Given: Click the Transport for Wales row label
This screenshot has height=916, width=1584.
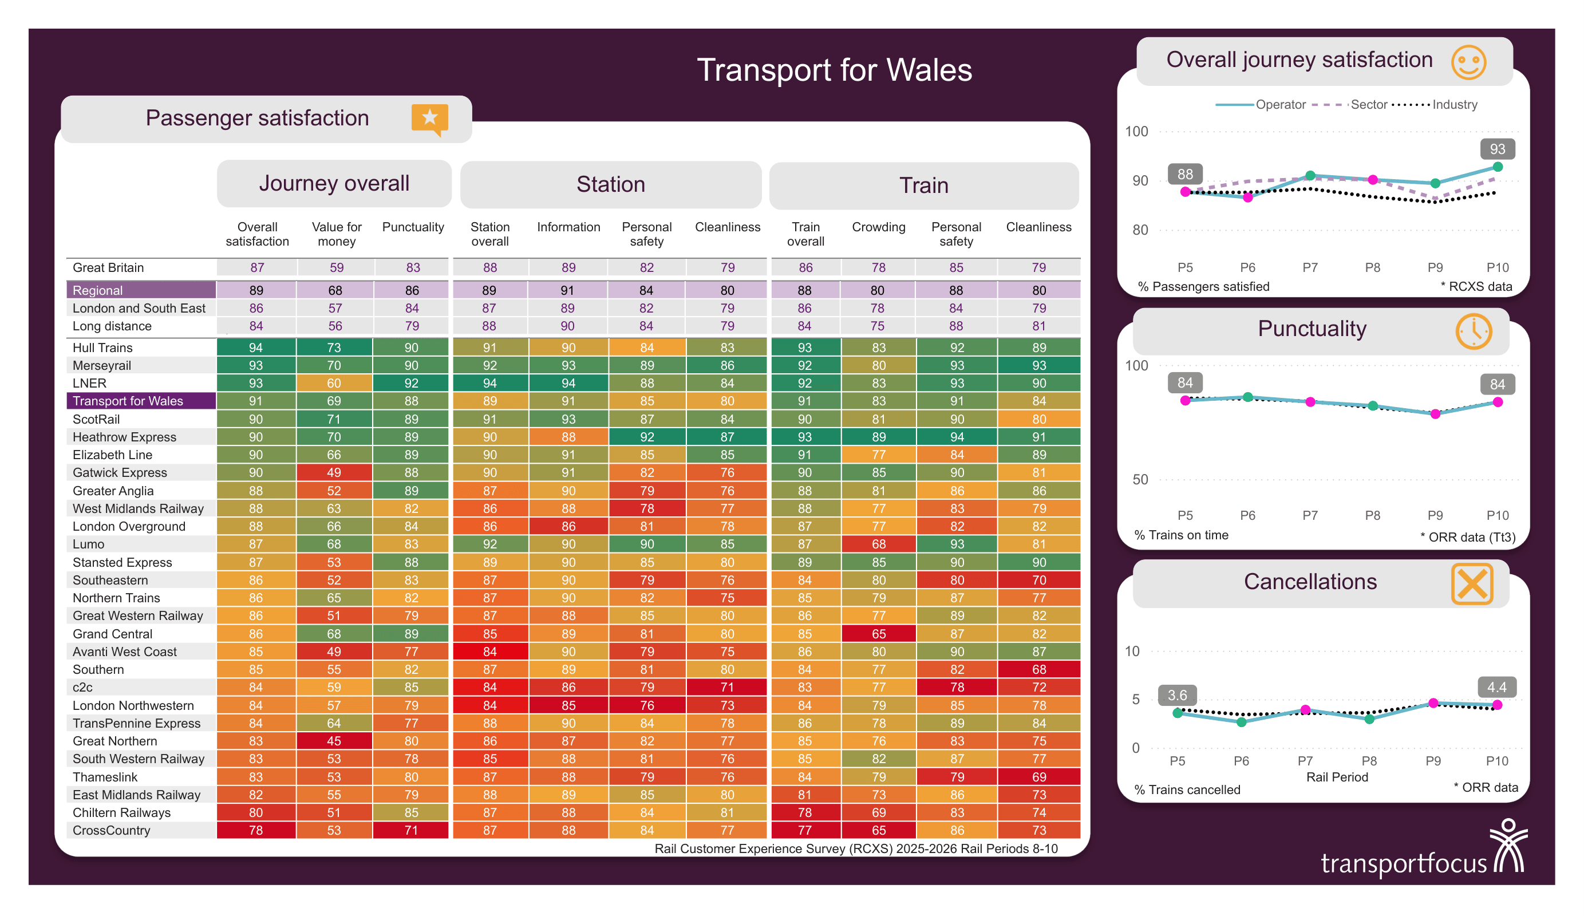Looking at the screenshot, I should [x=128, y=401].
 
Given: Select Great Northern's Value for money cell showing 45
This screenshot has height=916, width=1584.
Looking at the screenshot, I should [x=334, y=741].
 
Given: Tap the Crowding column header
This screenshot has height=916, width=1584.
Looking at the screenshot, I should [x=878, y=227].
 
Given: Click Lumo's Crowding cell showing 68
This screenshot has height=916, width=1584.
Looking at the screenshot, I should [x=878, y=544].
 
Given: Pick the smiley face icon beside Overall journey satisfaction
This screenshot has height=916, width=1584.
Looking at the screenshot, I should [x=1468, y=62].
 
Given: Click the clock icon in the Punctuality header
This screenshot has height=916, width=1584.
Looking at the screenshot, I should [x=1473, y=331].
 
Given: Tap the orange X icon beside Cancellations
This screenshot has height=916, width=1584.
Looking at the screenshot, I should [x=1471, y=584].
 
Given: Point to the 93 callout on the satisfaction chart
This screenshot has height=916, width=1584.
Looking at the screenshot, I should [x=1496, y=149].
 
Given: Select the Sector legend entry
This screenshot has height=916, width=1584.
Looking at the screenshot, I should [x=1368, y=104].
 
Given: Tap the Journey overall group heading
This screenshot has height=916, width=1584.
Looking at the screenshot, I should [x=334, y=183].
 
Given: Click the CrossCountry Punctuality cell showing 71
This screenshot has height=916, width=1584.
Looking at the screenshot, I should [x=411, y=830].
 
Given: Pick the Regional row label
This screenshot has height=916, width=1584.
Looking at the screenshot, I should [x=97, y=290].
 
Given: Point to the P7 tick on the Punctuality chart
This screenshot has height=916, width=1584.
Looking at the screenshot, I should [x=1309, y=515].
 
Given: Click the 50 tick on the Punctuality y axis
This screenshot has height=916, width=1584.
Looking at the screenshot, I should [x=1140, y=479].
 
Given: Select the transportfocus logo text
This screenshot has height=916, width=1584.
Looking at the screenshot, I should [x=1403, y=863].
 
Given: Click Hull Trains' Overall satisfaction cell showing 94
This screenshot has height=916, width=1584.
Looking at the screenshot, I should [x=256, y=348].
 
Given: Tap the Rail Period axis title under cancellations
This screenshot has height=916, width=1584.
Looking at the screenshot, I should [x=1336, y=776].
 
